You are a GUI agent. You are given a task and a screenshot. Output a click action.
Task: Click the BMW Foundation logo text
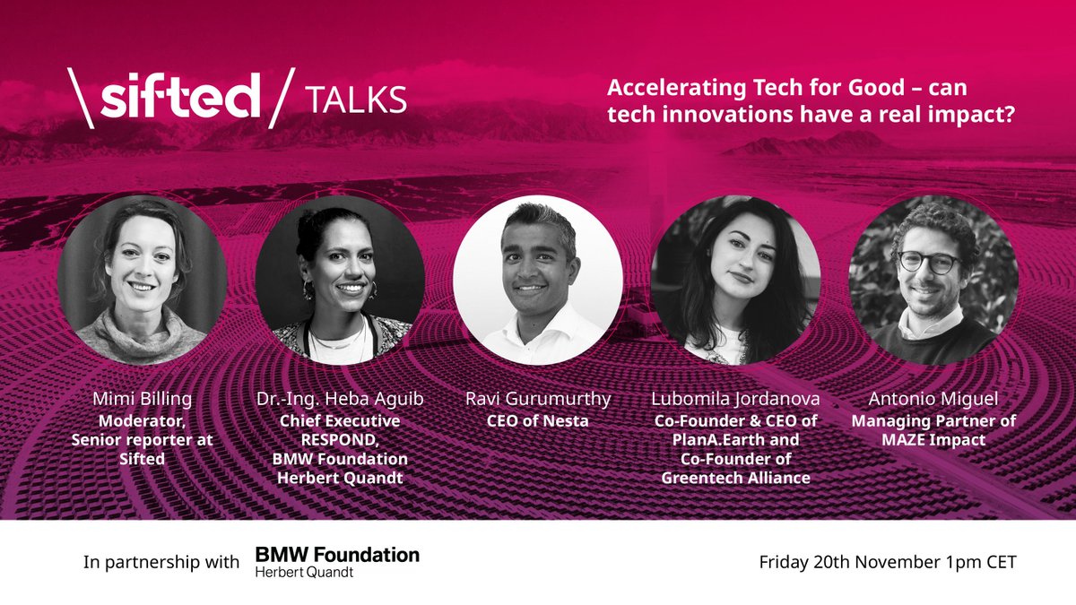click(x=337, y=555)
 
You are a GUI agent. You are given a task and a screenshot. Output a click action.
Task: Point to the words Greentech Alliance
click(x=735, y=478)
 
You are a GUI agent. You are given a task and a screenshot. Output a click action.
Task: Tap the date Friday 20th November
click(x=853, y=563)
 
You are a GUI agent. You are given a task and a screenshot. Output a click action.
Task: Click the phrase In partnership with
click(x=161, y=563)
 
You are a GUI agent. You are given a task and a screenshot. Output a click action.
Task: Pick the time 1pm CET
click(x=983, y=563)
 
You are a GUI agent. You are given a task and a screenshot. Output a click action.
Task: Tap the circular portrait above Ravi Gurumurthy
click(x=537, y=280)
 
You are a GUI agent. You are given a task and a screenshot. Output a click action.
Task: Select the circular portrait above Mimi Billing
click(x=142, y=280)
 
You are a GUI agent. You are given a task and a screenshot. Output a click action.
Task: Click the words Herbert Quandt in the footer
click(x=304, y=573)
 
